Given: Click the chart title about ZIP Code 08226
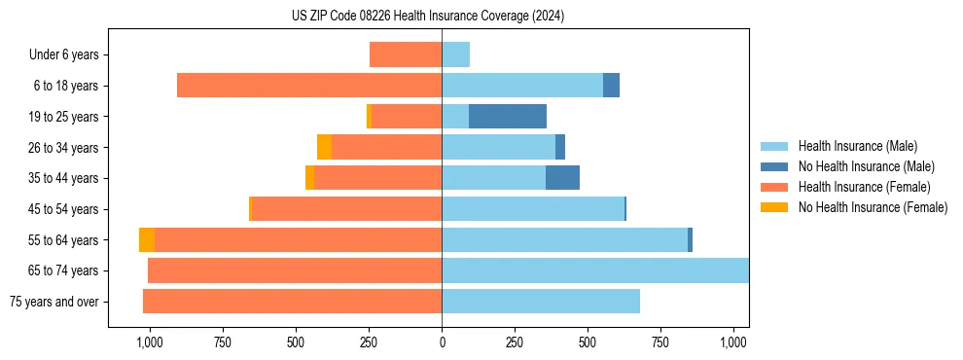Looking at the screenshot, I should [428, 17].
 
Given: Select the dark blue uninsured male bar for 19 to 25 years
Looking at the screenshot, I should [507, 117].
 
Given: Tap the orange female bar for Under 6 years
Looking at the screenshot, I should [406, 54].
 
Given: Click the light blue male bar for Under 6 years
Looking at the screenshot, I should [455, 54].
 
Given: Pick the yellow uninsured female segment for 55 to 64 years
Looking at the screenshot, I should [147, 240].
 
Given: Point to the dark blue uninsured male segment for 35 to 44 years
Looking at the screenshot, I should [562, 178].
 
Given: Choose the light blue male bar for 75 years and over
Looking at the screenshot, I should [541, 302].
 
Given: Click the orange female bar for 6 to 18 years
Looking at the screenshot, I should [309, 86].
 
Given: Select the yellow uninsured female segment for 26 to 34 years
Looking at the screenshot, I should [324, 147].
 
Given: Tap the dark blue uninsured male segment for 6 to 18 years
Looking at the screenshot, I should [611, 86].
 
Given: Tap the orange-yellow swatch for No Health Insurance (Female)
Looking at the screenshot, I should [774, 207].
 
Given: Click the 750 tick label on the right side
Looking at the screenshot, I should [660, 342].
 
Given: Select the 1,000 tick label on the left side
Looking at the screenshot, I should [149, 342].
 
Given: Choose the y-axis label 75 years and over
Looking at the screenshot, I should [54, 302].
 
